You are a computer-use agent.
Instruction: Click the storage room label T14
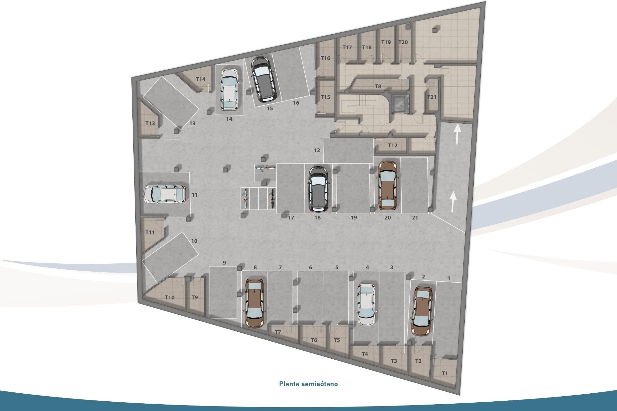coord(201,79)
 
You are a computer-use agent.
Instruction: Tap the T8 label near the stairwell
coord(378,86)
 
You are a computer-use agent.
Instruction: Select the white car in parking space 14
coord(229,89)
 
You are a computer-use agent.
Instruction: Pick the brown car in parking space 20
coord(388,185)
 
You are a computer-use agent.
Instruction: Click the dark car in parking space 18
coord(318,189)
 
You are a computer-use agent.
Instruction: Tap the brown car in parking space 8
coord(255,303)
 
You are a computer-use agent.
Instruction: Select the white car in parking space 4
coord(366,304)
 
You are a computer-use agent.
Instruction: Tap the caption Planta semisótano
coord(308,384)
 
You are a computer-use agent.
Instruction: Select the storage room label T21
coord(432,97)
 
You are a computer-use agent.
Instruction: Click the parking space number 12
coord(317,150)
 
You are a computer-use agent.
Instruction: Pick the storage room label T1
coord(444,373)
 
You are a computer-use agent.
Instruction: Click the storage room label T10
coord(170,297)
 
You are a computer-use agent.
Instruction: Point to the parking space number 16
coord(296,103)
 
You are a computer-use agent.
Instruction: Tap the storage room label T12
coord(392,145)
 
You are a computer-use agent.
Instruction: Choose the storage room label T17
coord(347,48)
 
